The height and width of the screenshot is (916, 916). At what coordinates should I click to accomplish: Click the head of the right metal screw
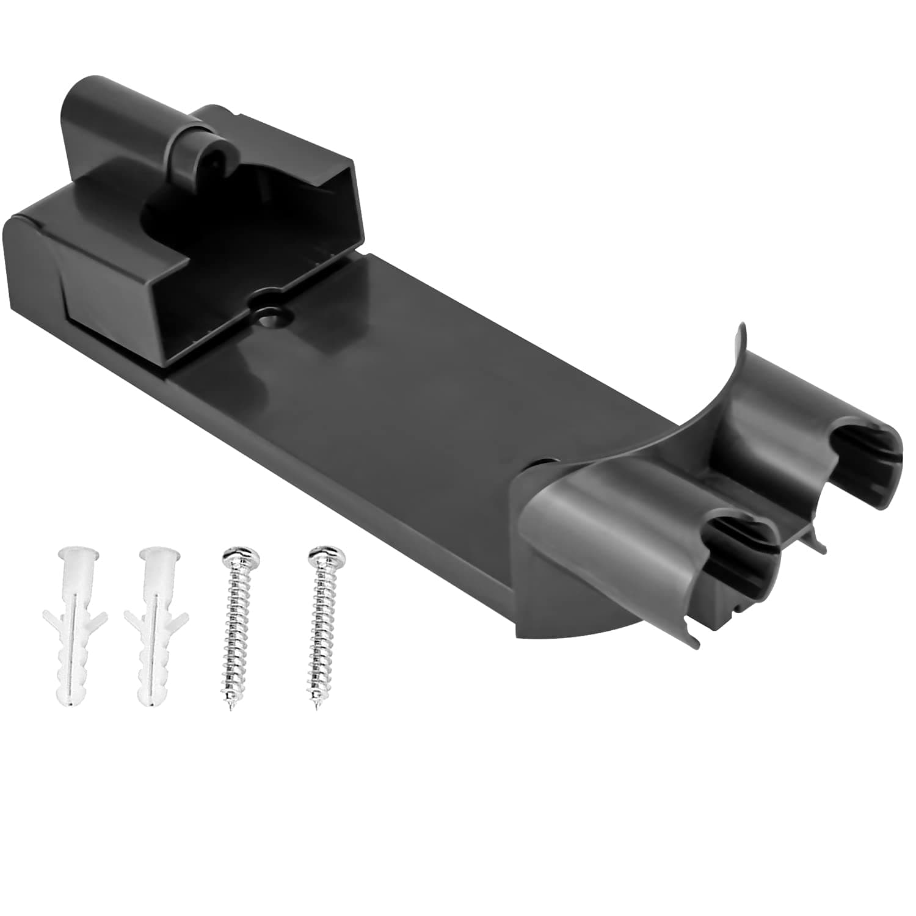pos(327,557)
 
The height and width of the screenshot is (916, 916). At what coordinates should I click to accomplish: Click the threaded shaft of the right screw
pos(321,635)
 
